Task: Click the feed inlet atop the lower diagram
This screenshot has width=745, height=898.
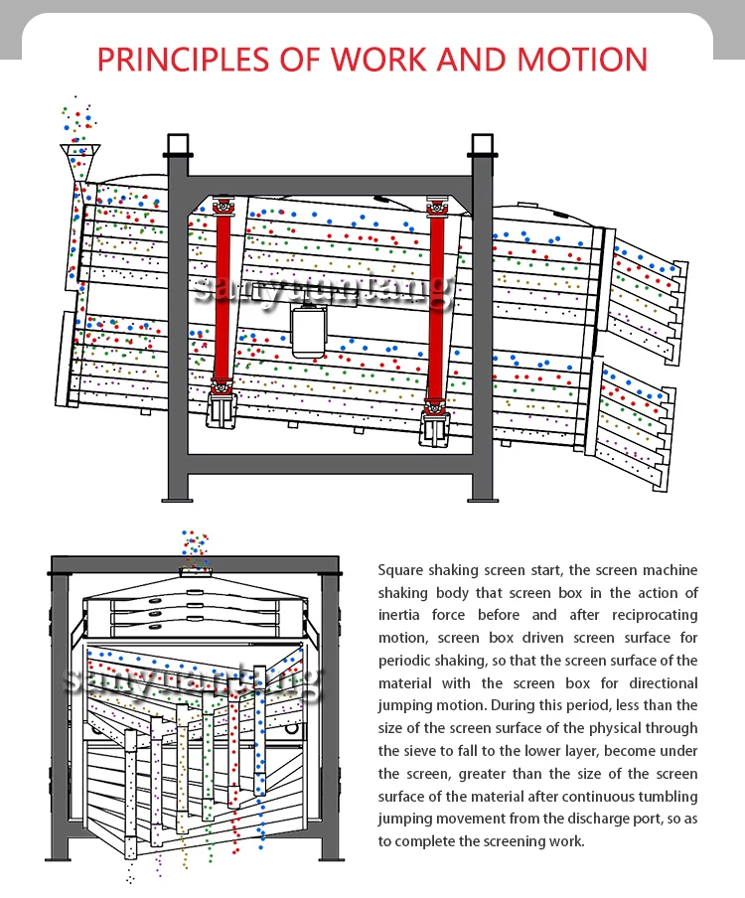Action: [195, 569]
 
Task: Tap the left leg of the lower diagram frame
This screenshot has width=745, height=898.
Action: [60, 715]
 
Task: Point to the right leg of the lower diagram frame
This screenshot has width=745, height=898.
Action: [330, 715]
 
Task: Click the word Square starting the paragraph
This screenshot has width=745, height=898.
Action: [401, 570]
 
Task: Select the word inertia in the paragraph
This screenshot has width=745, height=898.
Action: [399, 615]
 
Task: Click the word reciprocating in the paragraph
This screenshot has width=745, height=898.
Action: [651, 615]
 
